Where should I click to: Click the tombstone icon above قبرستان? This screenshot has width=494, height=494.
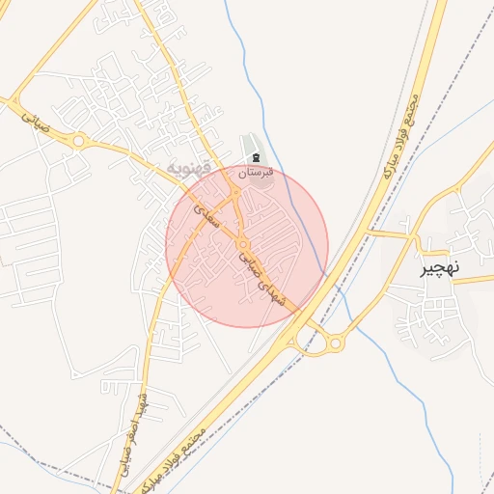click(x=256, y=157)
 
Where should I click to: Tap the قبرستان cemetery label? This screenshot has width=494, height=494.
click(x=256, y=172)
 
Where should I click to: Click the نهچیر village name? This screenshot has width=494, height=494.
click(x=440, y=268)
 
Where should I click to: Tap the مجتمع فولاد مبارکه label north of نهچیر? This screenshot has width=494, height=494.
click(x=401, y=135)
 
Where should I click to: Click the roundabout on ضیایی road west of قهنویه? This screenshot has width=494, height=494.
click(x=78, y=141)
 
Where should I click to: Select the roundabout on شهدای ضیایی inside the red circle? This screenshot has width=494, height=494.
click(x=242, y=245)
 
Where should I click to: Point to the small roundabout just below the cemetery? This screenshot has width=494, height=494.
click(x=236, y=193)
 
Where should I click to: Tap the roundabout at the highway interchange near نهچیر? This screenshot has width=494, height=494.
click(x=336, y=342)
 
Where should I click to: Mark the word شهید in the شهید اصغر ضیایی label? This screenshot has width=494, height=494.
click(x=143, y=400)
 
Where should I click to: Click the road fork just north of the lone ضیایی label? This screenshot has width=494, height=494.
click(x=14, y=99)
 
